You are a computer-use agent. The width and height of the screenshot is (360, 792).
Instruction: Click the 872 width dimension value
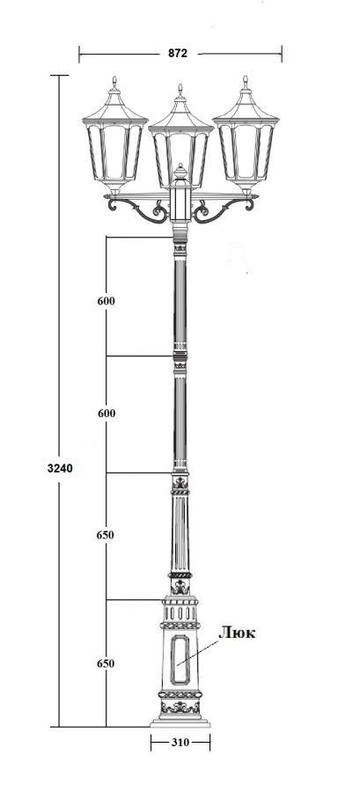pos(178,53)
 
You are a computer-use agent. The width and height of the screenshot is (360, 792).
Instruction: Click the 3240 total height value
pos(60,468)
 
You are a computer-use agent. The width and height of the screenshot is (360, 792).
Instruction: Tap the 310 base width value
pos(180,743)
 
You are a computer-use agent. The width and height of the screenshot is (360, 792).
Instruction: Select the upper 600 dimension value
pos(106,301)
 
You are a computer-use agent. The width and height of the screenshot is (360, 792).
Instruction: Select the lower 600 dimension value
pos(106,414)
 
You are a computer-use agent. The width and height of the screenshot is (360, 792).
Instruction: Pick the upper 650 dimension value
pos(105,535)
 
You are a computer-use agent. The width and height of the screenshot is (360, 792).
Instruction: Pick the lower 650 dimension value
pos(105,664)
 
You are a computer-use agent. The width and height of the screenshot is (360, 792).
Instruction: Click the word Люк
pos(238,633)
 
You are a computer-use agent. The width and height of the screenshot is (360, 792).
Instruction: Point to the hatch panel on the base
pos(180,659)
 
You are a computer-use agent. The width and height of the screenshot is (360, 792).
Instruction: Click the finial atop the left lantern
pos(114,83)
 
